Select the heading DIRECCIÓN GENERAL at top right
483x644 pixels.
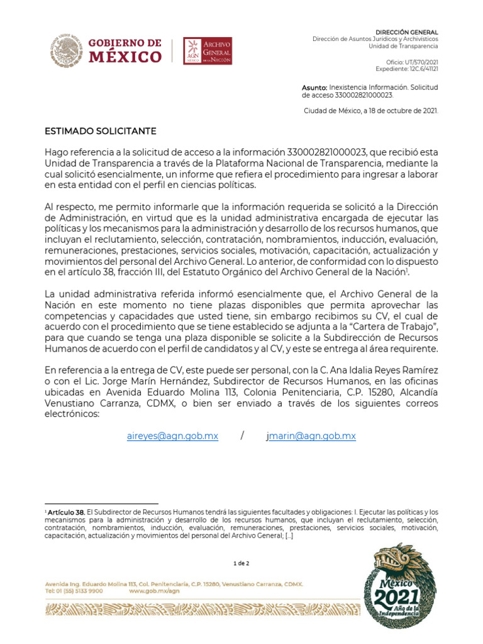click(407, 32)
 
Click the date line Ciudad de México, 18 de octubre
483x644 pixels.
click(371, 111)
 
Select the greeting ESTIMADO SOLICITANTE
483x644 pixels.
click(100, 131)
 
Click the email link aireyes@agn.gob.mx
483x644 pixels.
click(172, 436)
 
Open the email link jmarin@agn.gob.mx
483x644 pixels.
click(311, 436)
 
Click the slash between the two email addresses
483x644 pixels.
click(242, 436)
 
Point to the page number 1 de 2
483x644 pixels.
click(241, 563)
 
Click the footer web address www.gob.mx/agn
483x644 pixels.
click(154, 591)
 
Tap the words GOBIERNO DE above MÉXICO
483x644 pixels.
click(123, 43)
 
